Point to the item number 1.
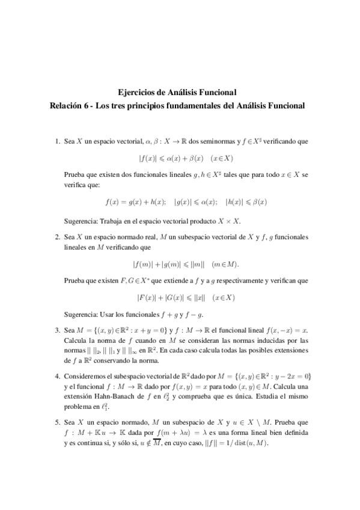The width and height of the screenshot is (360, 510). click(x=56, y=142)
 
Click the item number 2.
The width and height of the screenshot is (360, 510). click(x=56, y=238)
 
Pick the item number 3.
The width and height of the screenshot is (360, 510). click(x=56, y=330)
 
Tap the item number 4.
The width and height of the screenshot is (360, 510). click(x=56, y=376)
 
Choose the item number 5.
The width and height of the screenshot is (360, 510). click(x=56, y=423)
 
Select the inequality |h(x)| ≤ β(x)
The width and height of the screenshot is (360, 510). click(x=246, y=203)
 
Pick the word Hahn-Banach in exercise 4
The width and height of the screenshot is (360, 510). click(x=110, y=397)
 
